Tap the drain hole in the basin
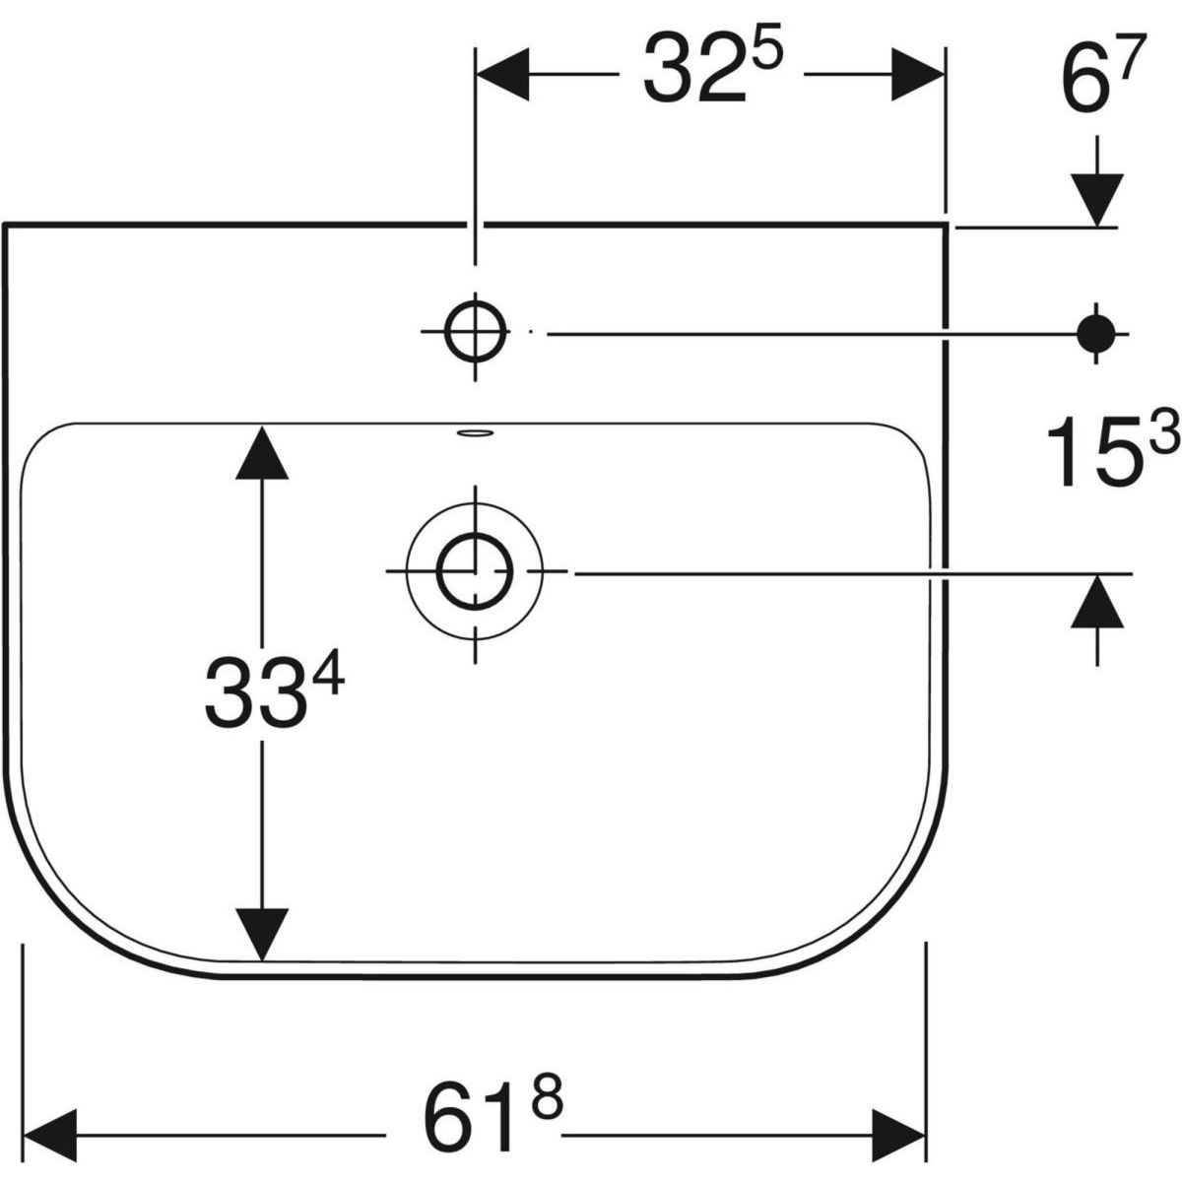476,571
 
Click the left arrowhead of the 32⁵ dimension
503,74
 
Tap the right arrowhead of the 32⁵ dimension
918,74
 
